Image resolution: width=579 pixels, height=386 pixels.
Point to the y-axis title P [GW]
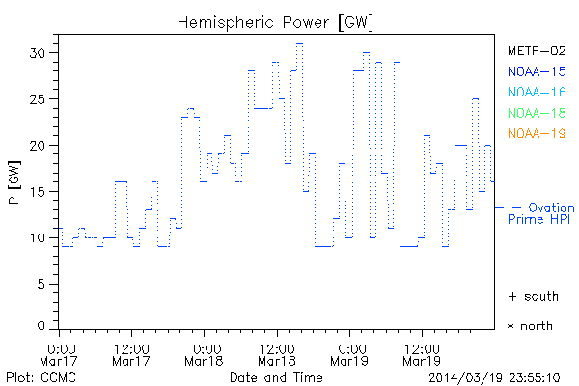14,184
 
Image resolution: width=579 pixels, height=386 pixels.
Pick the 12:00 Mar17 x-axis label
131,353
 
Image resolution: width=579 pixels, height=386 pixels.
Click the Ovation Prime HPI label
542,213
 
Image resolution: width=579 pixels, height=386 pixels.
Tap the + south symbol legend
531,296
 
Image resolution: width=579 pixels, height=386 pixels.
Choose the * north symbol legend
531,326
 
